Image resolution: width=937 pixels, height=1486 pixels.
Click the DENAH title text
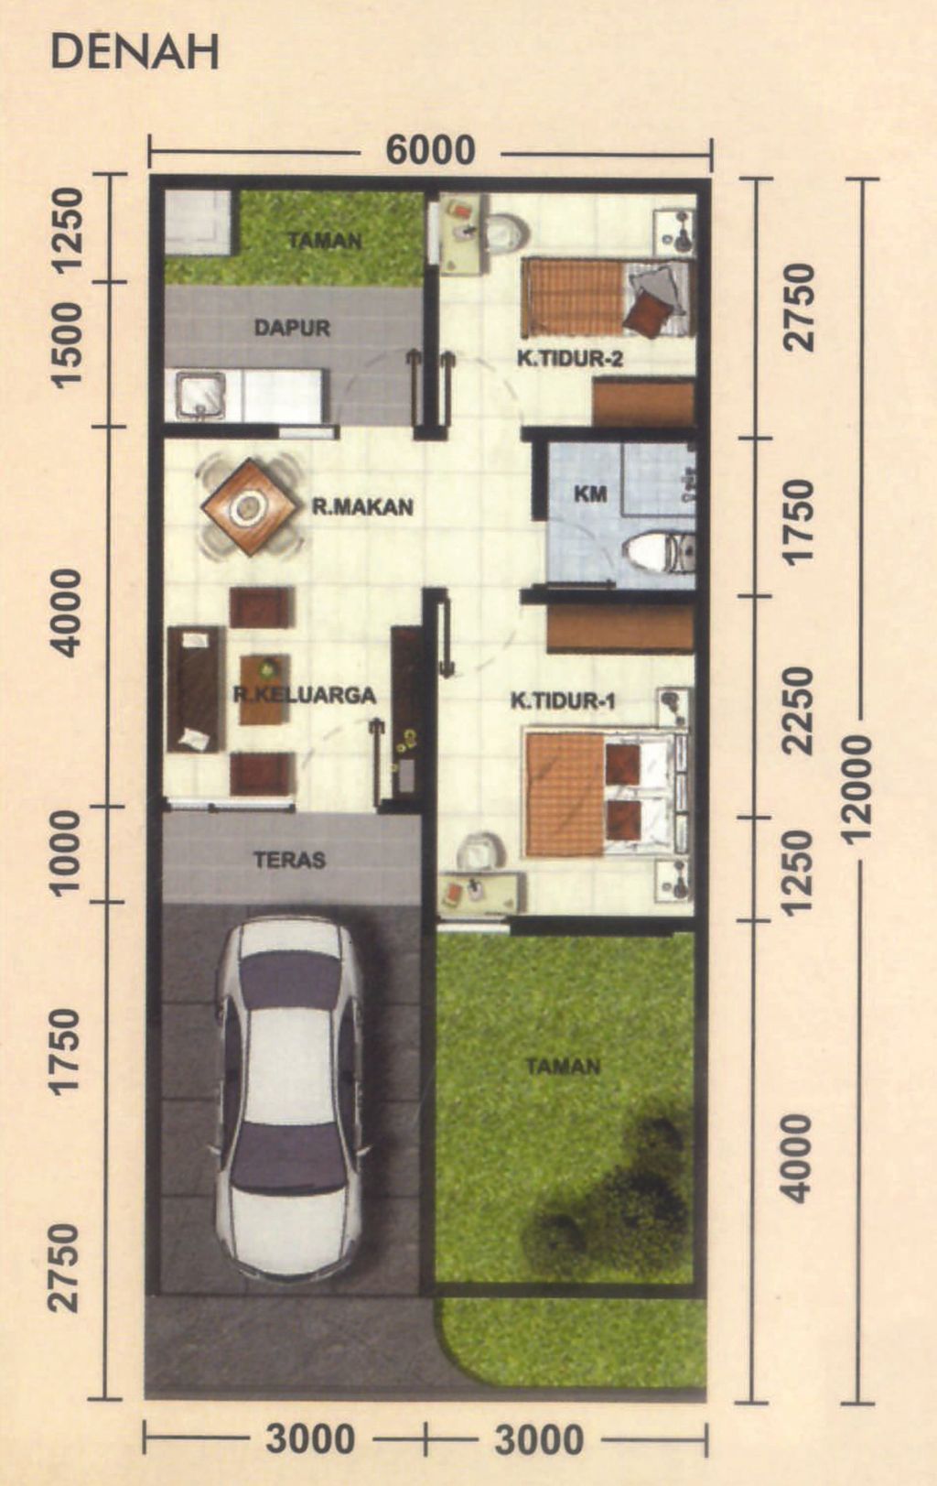135,53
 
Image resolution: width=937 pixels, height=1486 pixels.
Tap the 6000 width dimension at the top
430,150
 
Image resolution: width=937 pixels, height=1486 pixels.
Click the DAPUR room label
292,327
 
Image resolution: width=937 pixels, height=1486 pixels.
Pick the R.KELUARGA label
304,695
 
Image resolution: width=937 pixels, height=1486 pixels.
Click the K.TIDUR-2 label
569,359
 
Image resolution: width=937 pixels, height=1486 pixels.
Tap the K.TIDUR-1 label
563,701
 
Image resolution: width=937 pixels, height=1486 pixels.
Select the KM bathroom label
590,494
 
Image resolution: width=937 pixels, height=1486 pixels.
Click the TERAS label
289,860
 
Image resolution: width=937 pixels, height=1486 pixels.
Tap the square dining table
250,506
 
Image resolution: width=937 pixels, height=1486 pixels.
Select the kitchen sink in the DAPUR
200,395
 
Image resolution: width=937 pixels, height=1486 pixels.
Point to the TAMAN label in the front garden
563,1066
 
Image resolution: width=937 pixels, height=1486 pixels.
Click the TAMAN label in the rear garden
325,241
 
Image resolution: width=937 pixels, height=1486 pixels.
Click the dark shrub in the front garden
622,1190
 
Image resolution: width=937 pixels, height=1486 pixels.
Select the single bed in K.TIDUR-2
604,298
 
